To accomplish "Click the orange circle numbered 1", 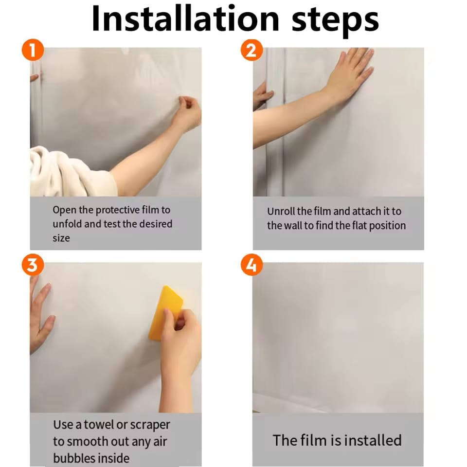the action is [x=33, y=50].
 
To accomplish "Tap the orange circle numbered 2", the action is [x=251, y=50].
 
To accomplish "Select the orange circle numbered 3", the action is [x=33, y=265].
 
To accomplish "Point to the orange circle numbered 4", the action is [x=251, y=265].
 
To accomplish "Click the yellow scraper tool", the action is [x=166, y=313].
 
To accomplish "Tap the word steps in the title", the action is [x=335, y=21].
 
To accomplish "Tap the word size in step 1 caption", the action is [x=61, y=238].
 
